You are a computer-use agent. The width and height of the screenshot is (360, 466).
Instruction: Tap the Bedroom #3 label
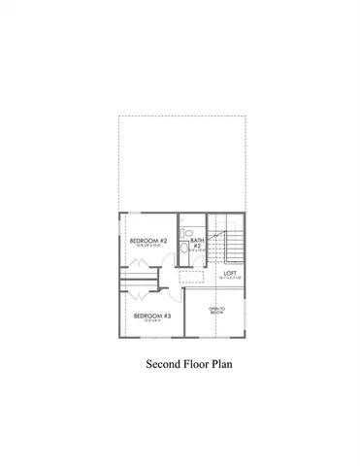[152, 316]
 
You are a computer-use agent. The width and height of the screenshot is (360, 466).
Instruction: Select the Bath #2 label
[196, 243]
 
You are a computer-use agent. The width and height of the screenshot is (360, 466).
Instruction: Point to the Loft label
[230, 273]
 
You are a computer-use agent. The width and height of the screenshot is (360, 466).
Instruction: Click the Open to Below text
[215, 312]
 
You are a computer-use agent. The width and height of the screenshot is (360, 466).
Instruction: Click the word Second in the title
[162, 366]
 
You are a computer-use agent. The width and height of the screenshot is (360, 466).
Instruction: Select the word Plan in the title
[224, 366]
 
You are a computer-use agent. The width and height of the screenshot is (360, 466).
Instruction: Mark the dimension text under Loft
[230, 280]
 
